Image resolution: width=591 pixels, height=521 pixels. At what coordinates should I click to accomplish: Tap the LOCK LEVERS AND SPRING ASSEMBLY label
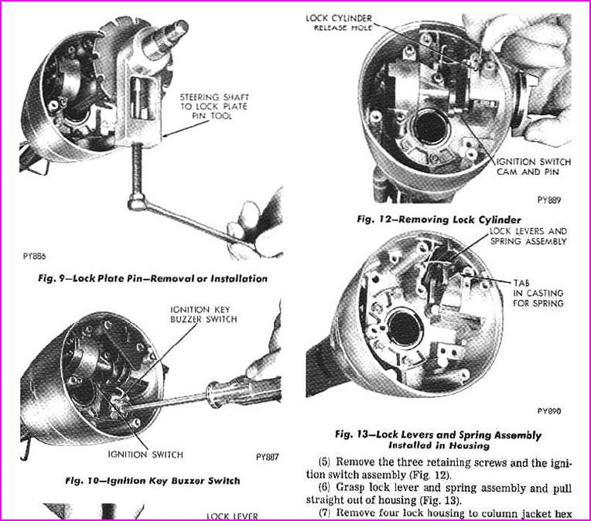[x=528, y=236]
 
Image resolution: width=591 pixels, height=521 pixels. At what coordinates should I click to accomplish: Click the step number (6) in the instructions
[x=325, y=488]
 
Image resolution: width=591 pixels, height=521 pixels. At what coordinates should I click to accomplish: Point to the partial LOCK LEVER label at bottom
[x=231, y=515]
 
